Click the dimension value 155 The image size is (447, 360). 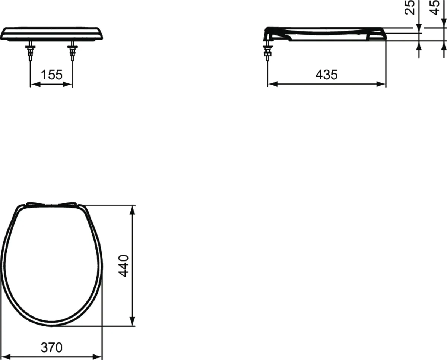pyautogui.click(x=51, y=75)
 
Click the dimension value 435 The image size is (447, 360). pyautogui.click(x=326, y=75)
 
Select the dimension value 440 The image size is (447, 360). pyautogui.click(x=124, y=265)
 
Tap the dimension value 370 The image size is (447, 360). pyautogui.click(x=51, y=348)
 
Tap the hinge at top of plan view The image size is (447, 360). pyautogui.click(x=52, y=204)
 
